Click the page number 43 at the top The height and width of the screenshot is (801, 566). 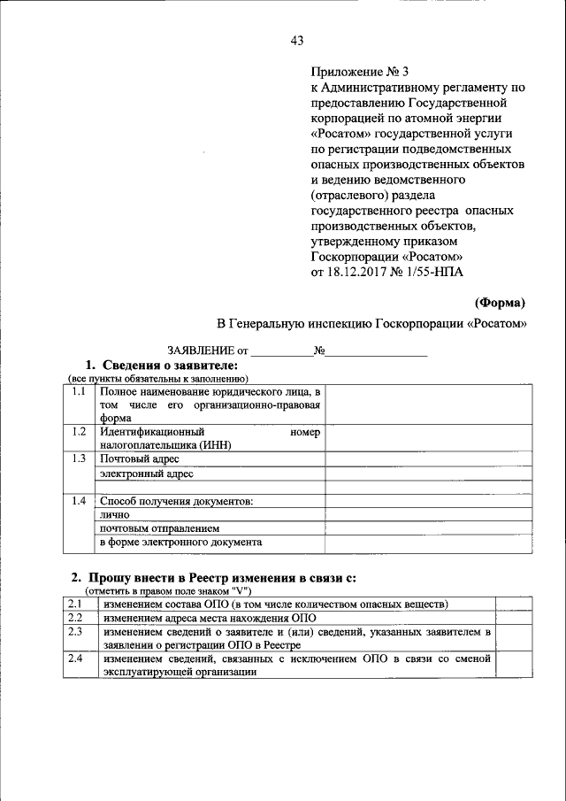click(x=296, y=41)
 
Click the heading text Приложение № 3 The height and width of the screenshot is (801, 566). click(x=360, y=72)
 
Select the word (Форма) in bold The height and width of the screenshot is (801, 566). click(x=501, y=302)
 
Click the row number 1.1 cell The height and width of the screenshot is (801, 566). click(x=79, y=391)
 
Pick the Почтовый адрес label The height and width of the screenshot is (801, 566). click(x=140, y=458)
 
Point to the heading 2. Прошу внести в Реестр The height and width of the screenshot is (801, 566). click(x=213, y=578)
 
